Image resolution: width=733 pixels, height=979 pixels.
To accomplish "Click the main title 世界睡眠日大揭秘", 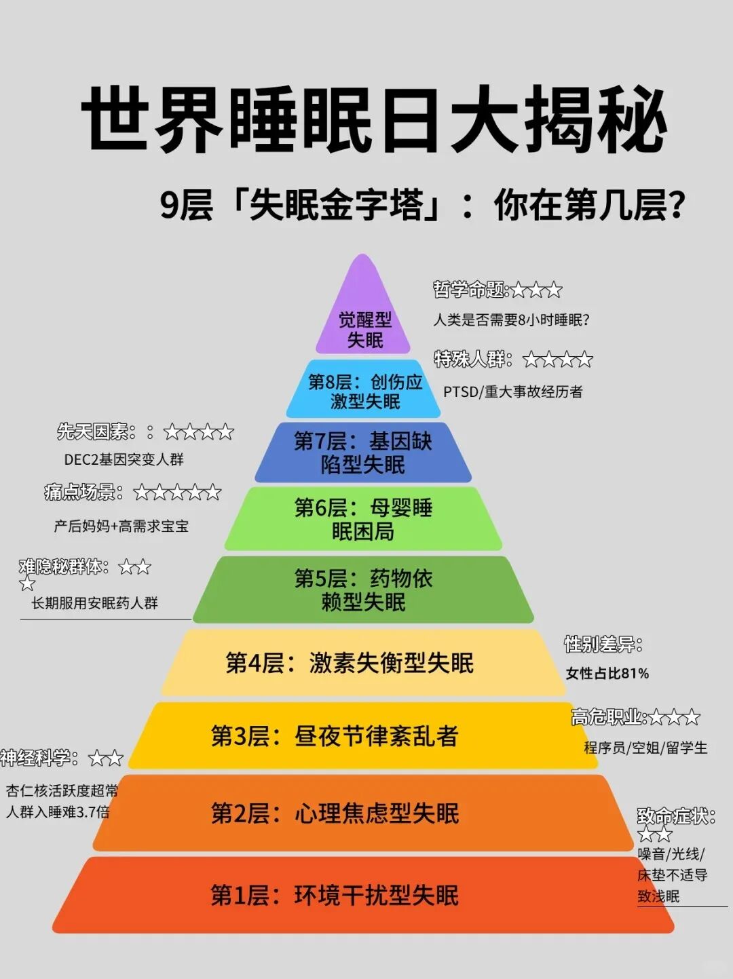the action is [374, 119].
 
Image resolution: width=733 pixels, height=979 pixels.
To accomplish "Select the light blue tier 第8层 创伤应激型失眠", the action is [364, 391].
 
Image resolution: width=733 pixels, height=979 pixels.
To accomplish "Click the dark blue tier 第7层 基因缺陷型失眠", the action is [363, 453].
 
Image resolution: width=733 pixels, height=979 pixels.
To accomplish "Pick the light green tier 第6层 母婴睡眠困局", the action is [363, 519].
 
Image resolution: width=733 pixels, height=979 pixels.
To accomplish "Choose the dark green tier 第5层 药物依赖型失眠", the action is [363, 590].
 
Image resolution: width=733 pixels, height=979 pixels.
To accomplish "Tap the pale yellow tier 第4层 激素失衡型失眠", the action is [350, 663].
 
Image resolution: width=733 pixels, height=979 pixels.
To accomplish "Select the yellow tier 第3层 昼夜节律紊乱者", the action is [335, 735].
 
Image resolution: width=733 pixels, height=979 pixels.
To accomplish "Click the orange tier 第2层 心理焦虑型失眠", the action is [335, 813].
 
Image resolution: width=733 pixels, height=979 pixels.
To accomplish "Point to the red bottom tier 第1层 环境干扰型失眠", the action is [335, 896].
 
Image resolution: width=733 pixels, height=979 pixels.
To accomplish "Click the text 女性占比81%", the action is [607, 673].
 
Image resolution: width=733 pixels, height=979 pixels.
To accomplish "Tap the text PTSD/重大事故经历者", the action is [512, 391].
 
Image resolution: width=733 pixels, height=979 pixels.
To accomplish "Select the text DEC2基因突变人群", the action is [124, 459].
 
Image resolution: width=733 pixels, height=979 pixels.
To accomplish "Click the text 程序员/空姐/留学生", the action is [645, 748].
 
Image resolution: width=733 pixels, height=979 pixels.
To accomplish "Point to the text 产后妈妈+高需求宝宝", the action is [121, 526].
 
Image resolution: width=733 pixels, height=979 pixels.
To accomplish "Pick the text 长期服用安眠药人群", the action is [94, 602].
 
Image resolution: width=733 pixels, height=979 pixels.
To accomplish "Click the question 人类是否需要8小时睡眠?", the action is [511, 320].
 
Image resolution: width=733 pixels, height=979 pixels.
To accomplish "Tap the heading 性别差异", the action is [603, 644].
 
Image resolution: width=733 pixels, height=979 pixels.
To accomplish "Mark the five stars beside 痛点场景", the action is [177, 493].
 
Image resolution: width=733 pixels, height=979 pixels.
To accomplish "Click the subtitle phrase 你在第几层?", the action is [588, 206].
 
